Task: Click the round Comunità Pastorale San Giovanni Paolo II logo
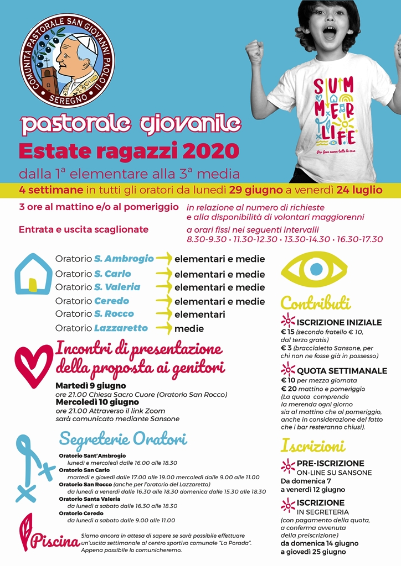pos(68,60)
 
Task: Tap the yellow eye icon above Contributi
pos(313,269)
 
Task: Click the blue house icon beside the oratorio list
pos(33,274)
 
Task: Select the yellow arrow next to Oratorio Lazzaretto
pos(164,328)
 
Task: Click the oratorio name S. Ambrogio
pos(124,259)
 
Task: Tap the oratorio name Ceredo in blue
pos(111,301)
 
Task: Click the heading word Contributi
pos(316,303)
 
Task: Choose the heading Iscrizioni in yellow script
pos(313,446)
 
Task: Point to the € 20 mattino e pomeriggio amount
pos(288,389)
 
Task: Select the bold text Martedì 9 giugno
pos(91,385)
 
